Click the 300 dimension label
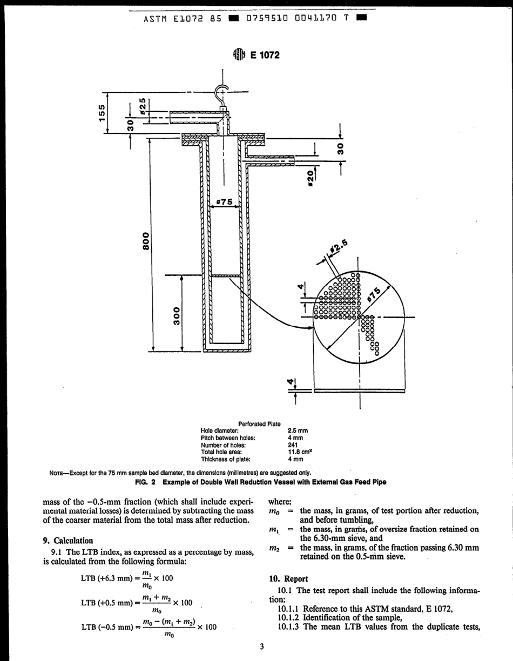[175, 315]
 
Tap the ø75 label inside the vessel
[224, 201]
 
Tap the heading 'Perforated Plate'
[259, 424]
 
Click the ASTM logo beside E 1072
[239, 55]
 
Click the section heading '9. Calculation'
[67, 541]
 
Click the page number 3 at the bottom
[261, 648]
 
